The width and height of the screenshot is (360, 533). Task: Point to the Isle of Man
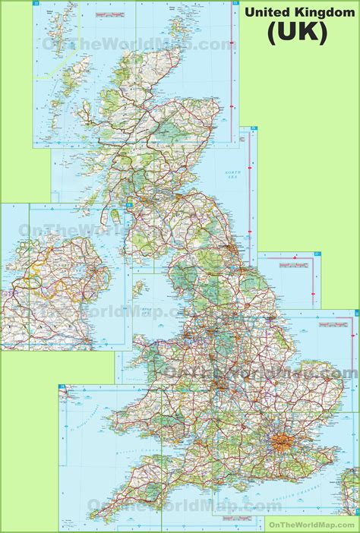138,289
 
